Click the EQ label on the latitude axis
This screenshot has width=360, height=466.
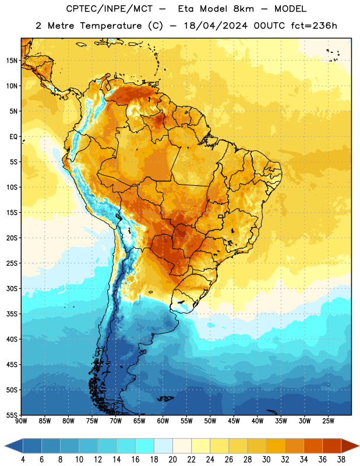pyautogui.click(x=13, y=137)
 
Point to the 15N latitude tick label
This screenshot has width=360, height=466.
pyautogui.click(x=12, y=61)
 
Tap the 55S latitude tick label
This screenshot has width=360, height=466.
pyautogui.click(x=12, y=415)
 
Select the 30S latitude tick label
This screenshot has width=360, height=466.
pyautogui.click(x=12, y=288)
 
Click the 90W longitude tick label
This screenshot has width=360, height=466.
pyautogui.click(x=21, y=421)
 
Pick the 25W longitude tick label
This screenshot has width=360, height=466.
pyautogui.click(x=328, y=421)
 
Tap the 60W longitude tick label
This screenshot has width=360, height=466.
pyautogui.click(x=163, y=421)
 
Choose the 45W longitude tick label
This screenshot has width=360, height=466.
pyautogui.click(x=234, y=421)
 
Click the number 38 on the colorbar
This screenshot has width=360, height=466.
pyautogui.click(x=341, y=460)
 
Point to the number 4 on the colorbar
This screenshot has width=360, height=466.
pyautogui.click(x=23, y=460)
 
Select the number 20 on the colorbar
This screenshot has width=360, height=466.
pyautogui.click(x=172, y=460)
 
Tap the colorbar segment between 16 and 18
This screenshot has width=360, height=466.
pyautogui.click(x=145, y=446)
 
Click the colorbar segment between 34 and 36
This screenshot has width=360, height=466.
pyautogui.click(x=313, y=446)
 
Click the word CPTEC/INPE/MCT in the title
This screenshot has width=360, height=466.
pyautogui.click(x=110, y=9)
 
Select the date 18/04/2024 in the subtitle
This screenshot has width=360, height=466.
pyautogui.click(x=216, y=26)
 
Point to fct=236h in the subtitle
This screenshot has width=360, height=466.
pyautogui.click(x=314, y=26)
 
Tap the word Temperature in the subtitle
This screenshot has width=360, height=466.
pyautogui.click(x=111, y=26)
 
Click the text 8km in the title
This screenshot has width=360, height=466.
pyautogui.click(x=243, y=9)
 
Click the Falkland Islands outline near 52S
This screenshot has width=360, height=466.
pyautogui.click(x=165, y=398)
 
